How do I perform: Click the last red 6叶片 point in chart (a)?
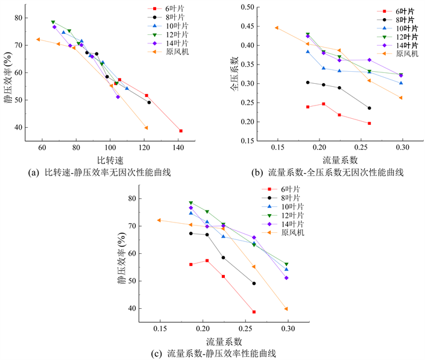point(180,131)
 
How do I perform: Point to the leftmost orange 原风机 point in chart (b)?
point(277,28)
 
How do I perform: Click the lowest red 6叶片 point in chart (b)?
point(369,124)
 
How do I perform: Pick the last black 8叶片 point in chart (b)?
point(369,108)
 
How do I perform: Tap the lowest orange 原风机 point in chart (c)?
point(286,309)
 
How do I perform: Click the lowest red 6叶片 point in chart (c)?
point(254,312)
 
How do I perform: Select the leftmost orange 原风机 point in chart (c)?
point(159,220)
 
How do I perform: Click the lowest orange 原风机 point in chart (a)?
point(146,127)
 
